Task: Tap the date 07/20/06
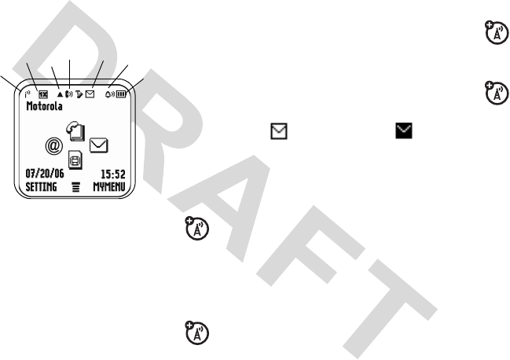44,174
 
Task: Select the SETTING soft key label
41,189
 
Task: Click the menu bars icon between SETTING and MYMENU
75,189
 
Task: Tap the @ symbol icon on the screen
53,145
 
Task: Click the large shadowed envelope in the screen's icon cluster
99,145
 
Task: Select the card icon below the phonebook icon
76,160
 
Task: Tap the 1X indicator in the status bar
42,94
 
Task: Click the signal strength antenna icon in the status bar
28,93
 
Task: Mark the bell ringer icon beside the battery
111,93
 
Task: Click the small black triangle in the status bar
60,94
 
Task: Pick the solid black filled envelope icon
403,136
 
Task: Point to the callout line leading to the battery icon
139,83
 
